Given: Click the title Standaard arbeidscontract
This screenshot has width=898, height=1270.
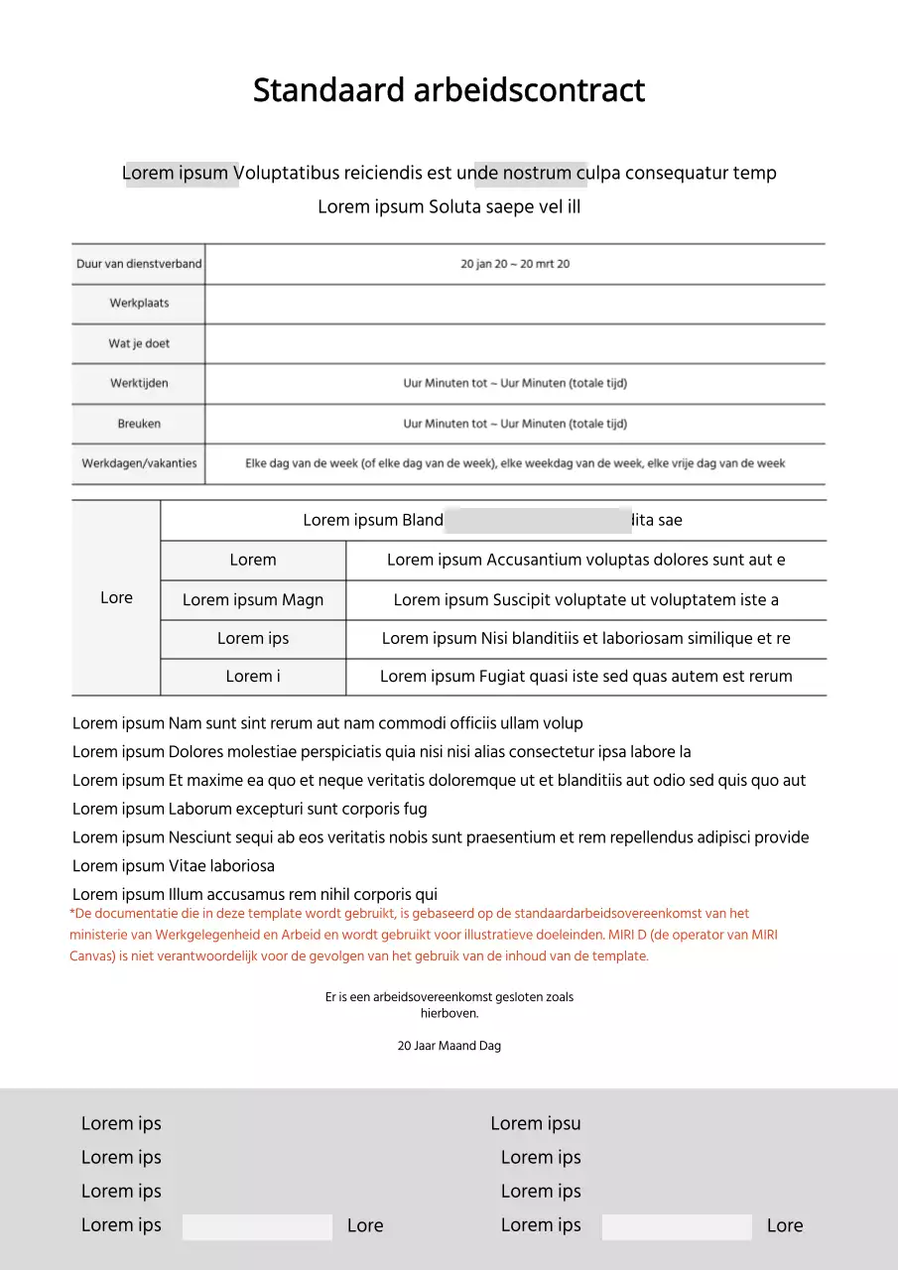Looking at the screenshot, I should tap(449, 90).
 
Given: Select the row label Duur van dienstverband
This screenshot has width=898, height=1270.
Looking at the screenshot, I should tap(139, 264).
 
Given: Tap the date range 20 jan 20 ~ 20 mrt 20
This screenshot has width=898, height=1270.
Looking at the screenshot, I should tap(515, 264).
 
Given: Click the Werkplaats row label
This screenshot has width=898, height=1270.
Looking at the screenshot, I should tap(139, 304).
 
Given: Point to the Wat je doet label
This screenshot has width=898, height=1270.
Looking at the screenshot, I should tap(139, 343).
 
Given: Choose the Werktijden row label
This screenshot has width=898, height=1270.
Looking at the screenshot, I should tap(139, 383).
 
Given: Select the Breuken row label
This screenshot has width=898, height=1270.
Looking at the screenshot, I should tap(139, 424).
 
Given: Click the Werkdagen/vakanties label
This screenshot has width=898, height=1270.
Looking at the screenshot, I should tap(139, 463).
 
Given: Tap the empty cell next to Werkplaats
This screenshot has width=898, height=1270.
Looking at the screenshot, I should tap(515, 304).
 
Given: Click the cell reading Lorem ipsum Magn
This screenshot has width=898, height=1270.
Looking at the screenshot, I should tap(253, 599).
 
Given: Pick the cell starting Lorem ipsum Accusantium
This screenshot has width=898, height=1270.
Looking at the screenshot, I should tap(585, 560).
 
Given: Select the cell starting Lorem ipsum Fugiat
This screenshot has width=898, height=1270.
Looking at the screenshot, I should tap(585, 677).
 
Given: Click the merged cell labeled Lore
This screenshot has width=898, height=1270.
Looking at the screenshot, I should tap(116, 597).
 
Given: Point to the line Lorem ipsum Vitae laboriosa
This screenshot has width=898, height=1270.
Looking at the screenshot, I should tap(174, 866).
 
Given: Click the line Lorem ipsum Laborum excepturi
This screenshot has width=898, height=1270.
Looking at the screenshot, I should tap(250, 809).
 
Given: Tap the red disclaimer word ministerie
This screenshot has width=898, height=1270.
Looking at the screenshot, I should tap(102, 935).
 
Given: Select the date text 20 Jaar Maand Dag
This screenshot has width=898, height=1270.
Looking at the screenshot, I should tap(449, 1046).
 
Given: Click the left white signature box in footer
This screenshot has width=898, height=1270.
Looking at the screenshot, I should tap(257, 1226).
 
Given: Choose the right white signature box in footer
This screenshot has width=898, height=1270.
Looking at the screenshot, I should tap(677, 1226).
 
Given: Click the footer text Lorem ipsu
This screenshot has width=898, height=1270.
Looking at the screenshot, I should tap(536, 1123).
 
